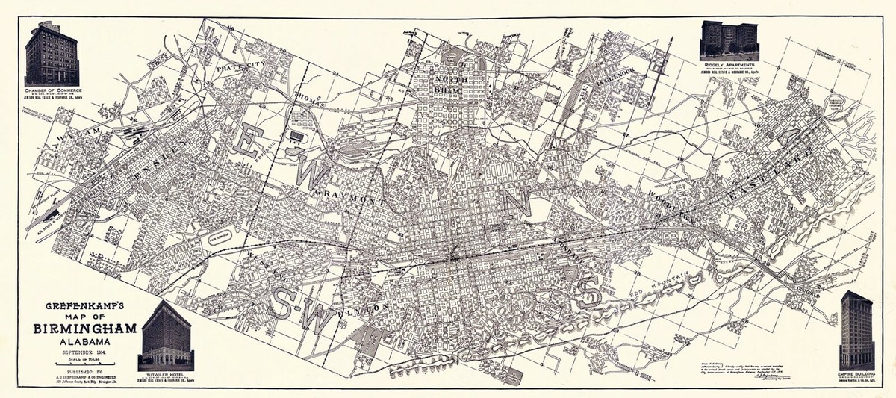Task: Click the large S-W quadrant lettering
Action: tap(302, 302)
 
